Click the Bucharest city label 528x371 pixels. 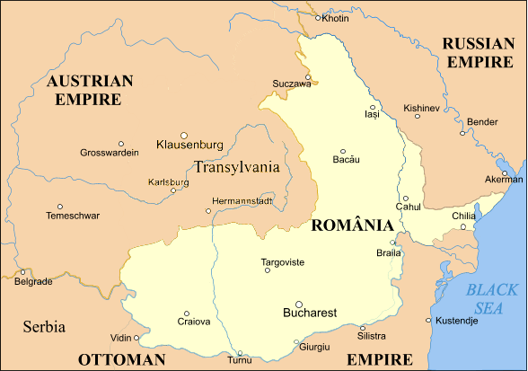(x=309, y=314)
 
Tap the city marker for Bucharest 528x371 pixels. (x=299, y=304)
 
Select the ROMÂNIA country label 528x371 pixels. (x=351, y=225)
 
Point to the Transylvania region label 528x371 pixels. (x=236, y=166)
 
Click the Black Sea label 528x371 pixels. (x=492, y=298)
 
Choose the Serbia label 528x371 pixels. (x=44, y=327)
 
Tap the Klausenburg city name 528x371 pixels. (x=189, y=145)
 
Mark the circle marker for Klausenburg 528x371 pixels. (x=184, y=135)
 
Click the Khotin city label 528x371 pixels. (x=335, y=18)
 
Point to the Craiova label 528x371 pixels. (x=194, y=322)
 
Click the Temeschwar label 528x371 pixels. (x=73, y=216)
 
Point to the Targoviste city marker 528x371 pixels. (x=267, y=269)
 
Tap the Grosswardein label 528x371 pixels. (x=110, y=153)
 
